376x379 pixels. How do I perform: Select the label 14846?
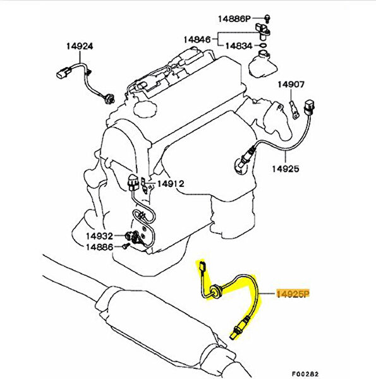197,39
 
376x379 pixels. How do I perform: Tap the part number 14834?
239,46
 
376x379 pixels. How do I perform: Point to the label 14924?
80,46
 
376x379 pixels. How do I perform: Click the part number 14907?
291,85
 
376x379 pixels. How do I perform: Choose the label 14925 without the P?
286,169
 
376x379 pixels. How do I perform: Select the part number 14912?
171,184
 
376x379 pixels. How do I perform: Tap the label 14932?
100,236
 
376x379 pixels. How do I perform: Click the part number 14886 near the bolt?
100,247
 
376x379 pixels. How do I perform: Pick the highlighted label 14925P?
293,294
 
